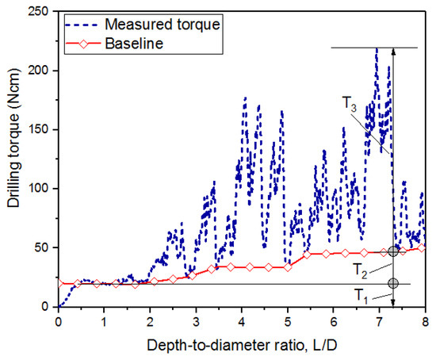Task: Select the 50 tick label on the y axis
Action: pos(45,247)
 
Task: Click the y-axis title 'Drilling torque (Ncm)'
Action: pos(13,159)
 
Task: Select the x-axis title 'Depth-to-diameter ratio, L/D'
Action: pos(241,346)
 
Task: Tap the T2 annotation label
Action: pos(361,268)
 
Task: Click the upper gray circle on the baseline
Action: pos(393,251)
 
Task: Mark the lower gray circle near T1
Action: pos(393,283)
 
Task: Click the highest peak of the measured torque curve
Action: pos(377,48)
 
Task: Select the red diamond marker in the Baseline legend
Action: pos(87,44)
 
